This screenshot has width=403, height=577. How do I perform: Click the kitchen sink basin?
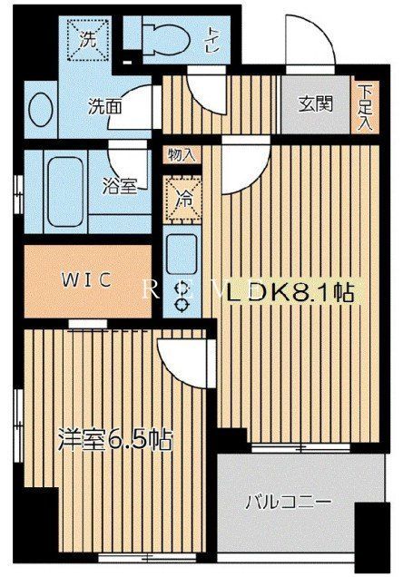(182, 249)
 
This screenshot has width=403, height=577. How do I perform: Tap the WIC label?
(87, 279)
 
